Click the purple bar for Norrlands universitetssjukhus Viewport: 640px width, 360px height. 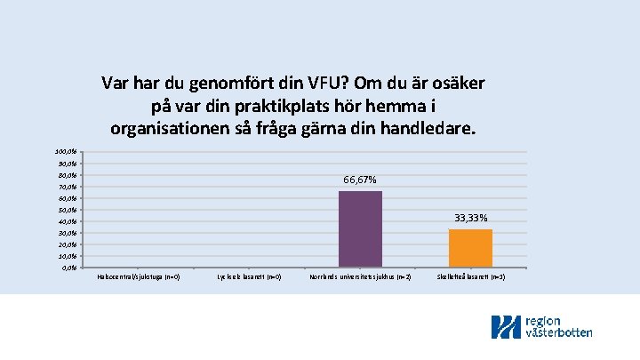pyautogui.click(x=360, y=229)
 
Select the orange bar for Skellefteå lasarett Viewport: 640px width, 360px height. pyautogui.click(x=470, y=248)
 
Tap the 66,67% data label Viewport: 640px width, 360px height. pyautogui.click(x=360, y=180)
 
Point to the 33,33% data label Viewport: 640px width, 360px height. pyautogui.click(x=470, y=218)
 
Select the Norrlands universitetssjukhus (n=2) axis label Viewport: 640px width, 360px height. pyautogui.click(x=360, y=277)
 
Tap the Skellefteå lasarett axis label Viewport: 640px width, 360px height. pyautogui.click(x=470, y=277)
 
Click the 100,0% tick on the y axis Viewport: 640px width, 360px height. pyautogui.click(x=67, y=153)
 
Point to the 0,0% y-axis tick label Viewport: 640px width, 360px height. pyautogui.click(x=68, y=268)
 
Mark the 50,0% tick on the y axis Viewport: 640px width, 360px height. pyautogui.click(x=68, y=210)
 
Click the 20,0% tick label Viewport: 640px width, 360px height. pyautogui.click(x=68, y=244)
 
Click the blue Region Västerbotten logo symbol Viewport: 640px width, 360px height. pyautogui.click(x=507, y=327)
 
